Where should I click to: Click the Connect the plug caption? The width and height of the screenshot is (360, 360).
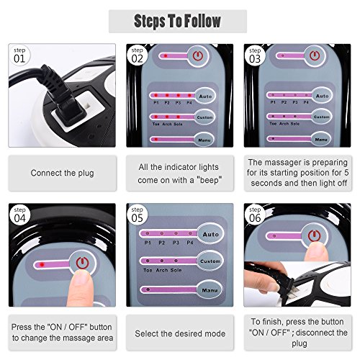(x=62, y=174)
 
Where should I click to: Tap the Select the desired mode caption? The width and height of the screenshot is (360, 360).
(x=180, y=334)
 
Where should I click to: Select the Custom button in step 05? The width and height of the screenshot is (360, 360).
(x=210, y=261)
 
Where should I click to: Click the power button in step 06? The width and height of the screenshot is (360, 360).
(x=313, y=235)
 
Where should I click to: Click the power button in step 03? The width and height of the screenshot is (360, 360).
(x=312, y=55)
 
